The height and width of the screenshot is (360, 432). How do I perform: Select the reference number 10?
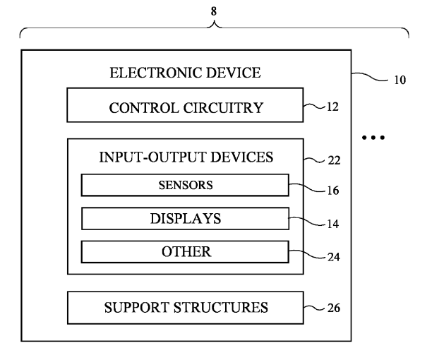[x=400, y=80]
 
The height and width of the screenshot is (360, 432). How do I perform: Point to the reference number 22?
[x=334, y=160]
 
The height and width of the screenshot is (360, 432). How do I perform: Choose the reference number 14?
[x=333, y=224]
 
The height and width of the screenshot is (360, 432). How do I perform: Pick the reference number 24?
[x=333, y=256]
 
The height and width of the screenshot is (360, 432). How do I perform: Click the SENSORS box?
[x=185, y=186]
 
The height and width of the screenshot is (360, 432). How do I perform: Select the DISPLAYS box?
[x=185, y=218]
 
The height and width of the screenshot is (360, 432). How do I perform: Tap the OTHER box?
[x=185, y=251]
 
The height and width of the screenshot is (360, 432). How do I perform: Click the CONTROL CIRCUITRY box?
[x=186, y=107]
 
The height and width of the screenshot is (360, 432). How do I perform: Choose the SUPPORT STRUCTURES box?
[x=186, y=307]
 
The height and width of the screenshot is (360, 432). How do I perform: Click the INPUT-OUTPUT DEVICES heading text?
[x=185, y=157]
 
